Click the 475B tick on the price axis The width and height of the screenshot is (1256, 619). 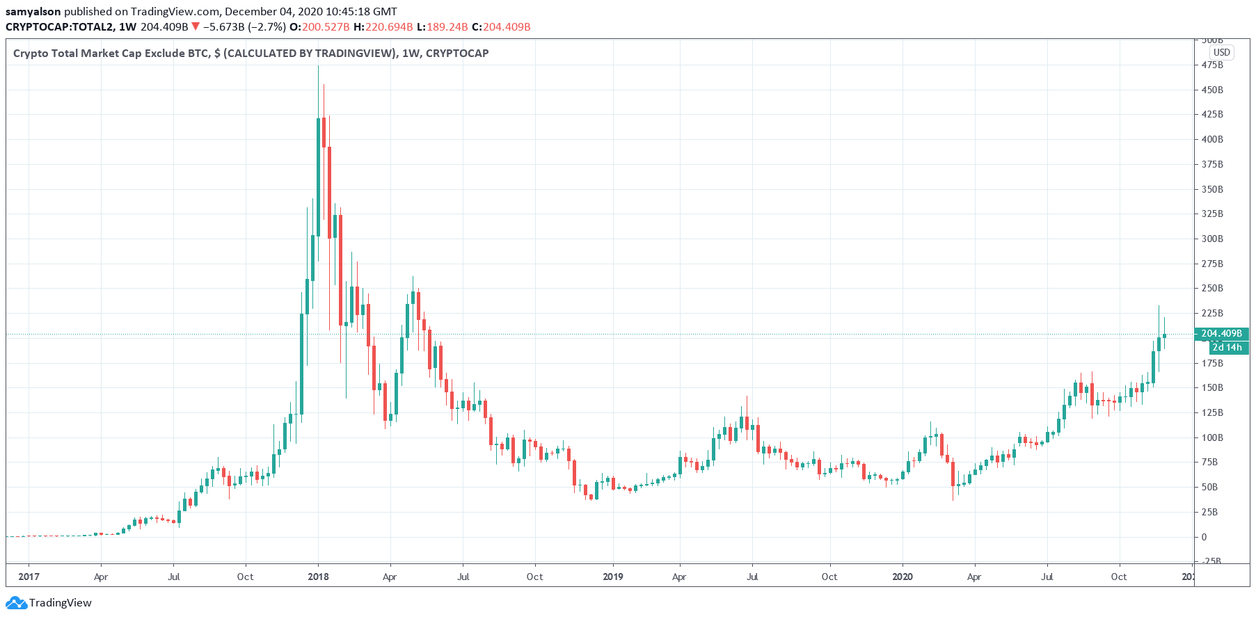tap(1211, 65)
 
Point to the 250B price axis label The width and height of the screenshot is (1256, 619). tap(1211, 288)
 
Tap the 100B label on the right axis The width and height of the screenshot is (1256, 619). tap(1211, 437)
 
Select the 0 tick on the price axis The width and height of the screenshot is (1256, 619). tap(1205, 537)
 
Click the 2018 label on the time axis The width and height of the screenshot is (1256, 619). tap(318, 577)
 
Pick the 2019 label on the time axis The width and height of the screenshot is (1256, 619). tap(612, 577)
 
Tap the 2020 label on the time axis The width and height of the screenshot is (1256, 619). tap(902, 577)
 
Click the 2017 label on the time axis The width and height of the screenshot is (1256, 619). tap(29, 577)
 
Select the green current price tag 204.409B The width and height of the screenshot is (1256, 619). tap(1221, 334)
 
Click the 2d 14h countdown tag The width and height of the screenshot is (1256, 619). tap(1226, 347)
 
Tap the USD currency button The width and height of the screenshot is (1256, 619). tap(1221, 52)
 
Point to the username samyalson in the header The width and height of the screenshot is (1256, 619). tap(33, 11)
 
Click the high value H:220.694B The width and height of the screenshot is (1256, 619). tap(383, 26)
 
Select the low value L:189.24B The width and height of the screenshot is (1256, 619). tap(442, 26)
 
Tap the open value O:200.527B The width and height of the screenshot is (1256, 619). tap(319, 26)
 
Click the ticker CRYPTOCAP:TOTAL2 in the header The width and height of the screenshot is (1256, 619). tap(59, 26)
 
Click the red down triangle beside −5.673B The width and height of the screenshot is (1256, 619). tap(196, 26)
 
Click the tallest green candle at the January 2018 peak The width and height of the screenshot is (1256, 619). tap(319, 177)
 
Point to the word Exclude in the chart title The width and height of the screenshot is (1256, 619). tap(166, 53)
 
